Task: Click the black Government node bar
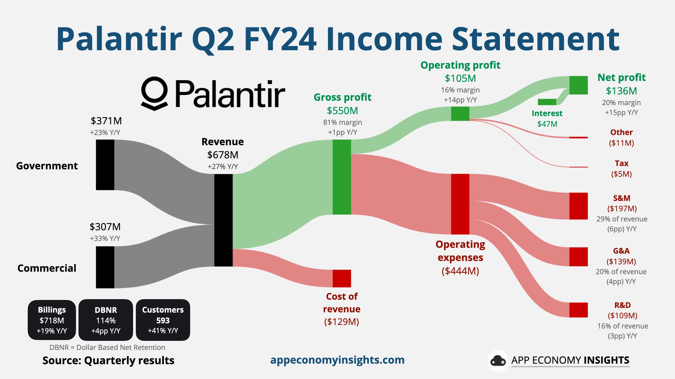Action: point(105,165)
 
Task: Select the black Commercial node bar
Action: point(105,267)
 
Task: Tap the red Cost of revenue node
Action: point(342,278)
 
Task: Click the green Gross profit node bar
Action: point(342,177)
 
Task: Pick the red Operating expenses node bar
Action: point(460,204)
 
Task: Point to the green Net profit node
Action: point(578,85)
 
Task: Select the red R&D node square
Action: point(578,310)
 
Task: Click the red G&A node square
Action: point(578,257)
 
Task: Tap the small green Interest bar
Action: point(547,102)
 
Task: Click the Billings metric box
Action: point(52,320)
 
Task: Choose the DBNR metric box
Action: point(106,320)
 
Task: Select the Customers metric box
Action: point(163,320)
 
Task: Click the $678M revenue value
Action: point(223,155)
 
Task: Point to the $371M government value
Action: point(106,121)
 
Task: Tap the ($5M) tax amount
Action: point(621,174)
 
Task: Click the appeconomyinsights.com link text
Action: point(337,360)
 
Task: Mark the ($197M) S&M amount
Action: point(622,209)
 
